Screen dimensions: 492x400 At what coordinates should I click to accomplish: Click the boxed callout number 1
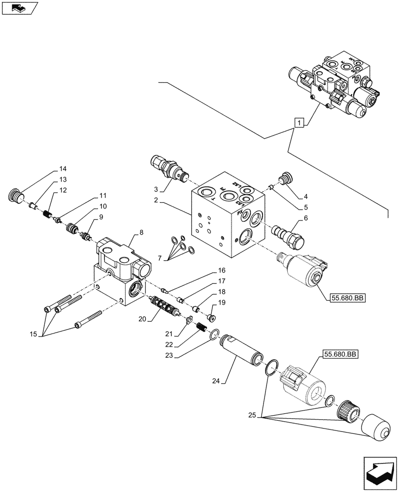tap(299, 122)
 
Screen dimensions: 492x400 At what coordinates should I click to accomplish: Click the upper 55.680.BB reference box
tap(343, 298)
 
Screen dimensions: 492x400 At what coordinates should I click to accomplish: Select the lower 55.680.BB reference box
tap(340, 354)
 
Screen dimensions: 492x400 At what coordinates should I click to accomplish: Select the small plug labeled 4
tap(284, 179)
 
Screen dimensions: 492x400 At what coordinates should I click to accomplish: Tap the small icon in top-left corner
tap(20, 8)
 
